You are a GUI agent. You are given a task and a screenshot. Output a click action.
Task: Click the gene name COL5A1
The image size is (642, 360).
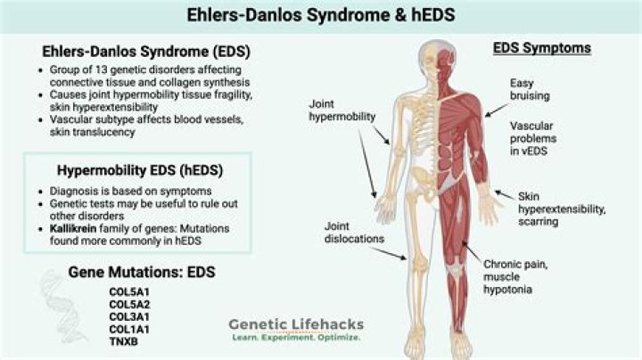129,292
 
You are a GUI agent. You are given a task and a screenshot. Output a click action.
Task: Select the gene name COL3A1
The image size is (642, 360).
129,317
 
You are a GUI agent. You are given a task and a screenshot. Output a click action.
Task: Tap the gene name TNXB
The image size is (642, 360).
124,341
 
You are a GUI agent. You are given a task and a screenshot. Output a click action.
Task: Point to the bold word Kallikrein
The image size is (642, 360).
73,228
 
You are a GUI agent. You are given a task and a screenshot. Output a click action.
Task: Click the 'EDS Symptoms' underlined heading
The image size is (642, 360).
542,48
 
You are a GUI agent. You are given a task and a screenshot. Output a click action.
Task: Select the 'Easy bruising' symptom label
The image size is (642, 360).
530,90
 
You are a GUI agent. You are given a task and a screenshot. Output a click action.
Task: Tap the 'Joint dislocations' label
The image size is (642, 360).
354,233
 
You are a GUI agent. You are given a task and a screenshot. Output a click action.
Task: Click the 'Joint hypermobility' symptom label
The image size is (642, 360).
342,110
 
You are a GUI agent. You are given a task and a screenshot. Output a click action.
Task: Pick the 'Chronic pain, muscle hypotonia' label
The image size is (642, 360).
515,277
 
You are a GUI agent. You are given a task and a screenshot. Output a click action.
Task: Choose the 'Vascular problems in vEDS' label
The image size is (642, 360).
533,139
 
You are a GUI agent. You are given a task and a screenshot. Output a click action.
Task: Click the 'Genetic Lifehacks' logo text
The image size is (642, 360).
296,324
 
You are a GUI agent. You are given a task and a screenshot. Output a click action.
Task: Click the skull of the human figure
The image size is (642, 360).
437,57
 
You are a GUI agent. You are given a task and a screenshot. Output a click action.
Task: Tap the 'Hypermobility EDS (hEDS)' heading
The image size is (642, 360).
140,170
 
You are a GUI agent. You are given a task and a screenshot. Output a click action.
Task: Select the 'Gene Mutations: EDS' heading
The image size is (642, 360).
142,273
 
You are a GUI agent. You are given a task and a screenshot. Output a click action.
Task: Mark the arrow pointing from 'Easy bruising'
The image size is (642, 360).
497,110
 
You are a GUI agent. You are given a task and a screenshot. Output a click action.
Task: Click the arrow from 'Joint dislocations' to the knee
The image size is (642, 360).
389,253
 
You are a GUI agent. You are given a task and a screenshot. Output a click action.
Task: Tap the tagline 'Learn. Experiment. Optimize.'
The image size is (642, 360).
296,338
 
